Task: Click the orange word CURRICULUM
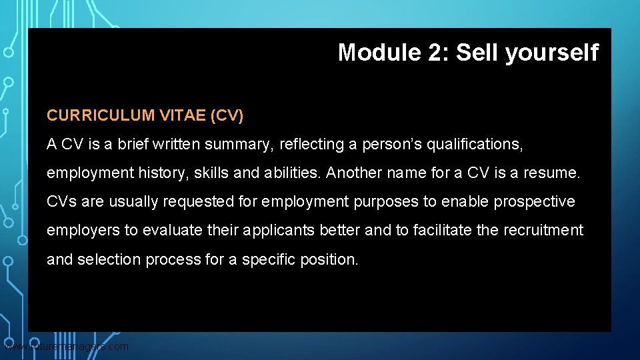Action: (100, 116)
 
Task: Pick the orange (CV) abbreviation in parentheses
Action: (227, 116)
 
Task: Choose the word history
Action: (167, 173)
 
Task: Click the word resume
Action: (553, 173)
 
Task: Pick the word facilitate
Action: (438, 231)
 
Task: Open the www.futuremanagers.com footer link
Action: (67, 347)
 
